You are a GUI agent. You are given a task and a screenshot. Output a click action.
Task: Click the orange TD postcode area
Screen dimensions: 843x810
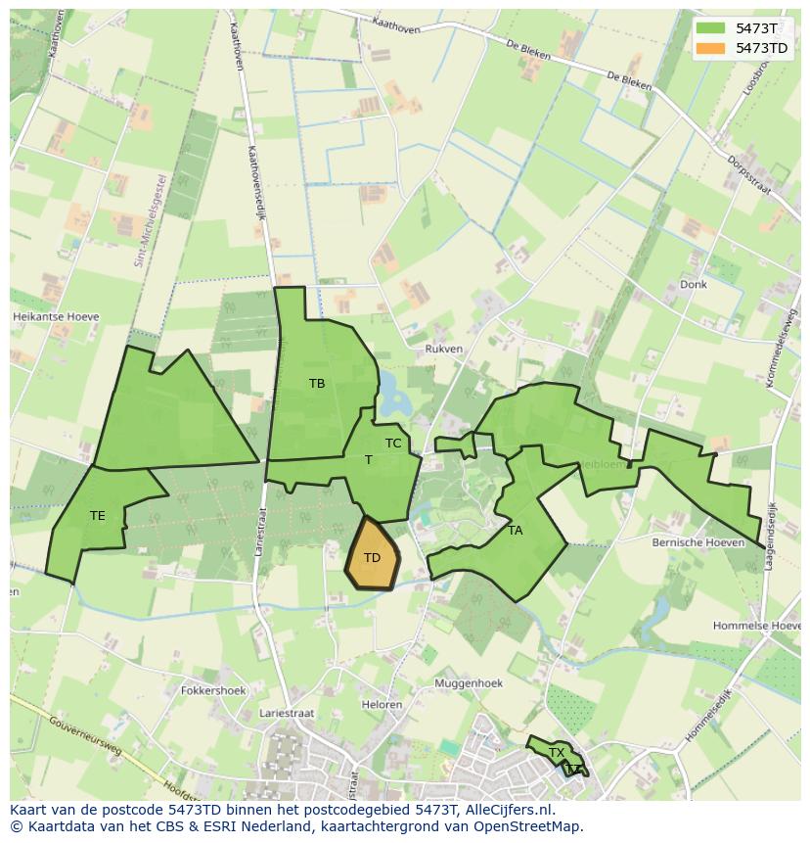click(x=373, y=555)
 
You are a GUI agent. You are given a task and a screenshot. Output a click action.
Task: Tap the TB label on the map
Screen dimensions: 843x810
click(x=317, y=384)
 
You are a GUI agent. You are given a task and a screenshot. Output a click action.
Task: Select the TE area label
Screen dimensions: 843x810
click(x=98, y=515)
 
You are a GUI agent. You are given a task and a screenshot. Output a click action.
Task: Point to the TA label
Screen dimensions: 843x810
click(x=516, y=531)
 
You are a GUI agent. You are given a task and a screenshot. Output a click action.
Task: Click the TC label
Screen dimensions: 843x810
click(x=393, y=444)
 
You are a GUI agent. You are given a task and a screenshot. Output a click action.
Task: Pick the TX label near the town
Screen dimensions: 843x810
click(x=557, y=753)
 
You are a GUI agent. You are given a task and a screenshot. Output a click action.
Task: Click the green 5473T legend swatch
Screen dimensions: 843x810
click(x=710, y=28)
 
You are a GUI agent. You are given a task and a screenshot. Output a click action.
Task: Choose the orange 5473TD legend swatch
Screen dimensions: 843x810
click(x=710, y=48)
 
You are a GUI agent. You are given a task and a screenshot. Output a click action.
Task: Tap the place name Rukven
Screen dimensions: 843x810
click(x=444, y=349)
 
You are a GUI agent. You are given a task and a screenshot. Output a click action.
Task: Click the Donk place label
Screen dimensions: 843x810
click(x=693, y=285)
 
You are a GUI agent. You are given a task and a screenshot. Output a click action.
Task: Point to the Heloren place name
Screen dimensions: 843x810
click(x=382, y=705)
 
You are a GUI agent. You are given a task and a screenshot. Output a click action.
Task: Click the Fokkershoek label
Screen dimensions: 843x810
click(x=213, y=690)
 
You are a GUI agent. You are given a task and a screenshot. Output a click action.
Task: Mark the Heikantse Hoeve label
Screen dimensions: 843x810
click(x=56, y=317)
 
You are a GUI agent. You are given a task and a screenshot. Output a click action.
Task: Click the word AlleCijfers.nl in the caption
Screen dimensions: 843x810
click(x=508, y=810)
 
